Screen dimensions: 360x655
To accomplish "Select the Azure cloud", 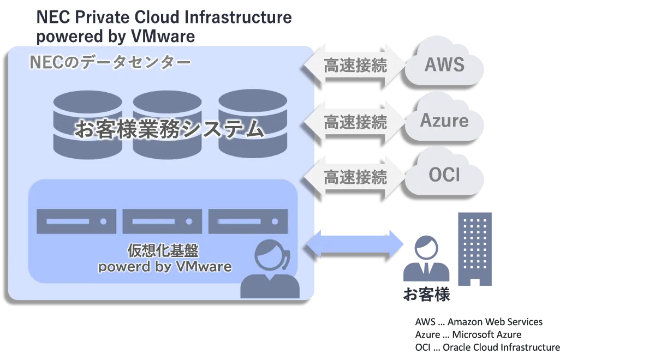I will pos(444,119).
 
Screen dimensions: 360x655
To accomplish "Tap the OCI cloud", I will pos(444,175).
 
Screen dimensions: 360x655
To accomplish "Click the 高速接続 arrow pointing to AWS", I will pos(355,65).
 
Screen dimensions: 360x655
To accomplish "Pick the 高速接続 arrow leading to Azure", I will pos(355,121).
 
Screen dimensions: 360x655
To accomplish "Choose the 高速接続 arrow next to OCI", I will pos(355,176).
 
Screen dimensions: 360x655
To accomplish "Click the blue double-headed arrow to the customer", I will pos(355,244).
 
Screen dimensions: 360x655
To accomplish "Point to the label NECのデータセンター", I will pos(110,63).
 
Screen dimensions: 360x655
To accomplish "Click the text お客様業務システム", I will pos(169,130).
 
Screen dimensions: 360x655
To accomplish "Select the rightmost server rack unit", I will pos(248,221).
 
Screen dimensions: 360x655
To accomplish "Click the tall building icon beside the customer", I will pos(474,248).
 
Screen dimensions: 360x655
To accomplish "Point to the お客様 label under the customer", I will pos(426,295).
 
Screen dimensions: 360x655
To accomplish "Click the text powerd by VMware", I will pos(164,267).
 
